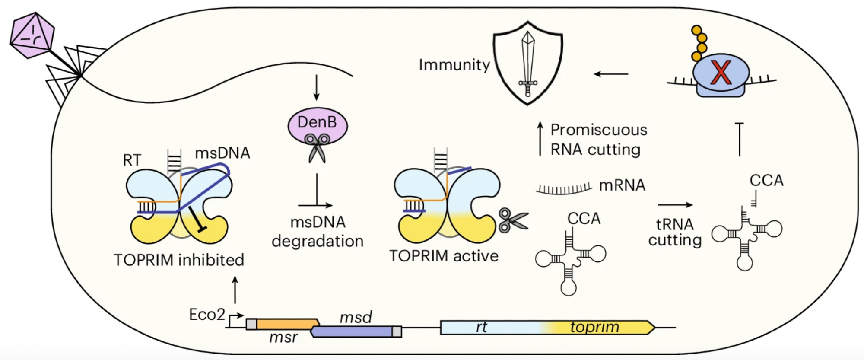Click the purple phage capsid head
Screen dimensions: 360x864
(x=32, y=35)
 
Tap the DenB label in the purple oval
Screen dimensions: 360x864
(x=317, y=122)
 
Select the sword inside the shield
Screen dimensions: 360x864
(x=528, y=63)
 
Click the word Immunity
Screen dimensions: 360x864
(x=454, y=65)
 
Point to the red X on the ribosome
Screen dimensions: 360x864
(x=721, y=72)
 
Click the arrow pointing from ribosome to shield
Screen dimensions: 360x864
(x=611, y=74)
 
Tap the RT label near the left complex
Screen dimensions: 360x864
(x=132, y=160)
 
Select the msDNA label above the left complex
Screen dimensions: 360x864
(x=222, y=153)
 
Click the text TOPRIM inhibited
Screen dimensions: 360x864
(x=179, y=260)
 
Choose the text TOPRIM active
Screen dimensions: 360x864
(x=444, y=256)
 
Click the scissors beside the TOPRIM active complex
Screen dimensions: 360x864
(x=513, y=221)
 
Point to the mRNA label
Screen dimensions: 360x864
(x=622, y=185)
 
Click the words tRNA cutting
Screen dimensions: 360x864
(x=675, y=233)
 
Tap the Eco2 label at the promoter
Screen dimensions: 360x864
(x=207, y=315)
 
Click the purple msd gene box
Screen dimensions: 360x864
(x=352, y=331)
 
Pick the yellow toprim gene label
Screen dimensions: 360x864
(x=594, y=327)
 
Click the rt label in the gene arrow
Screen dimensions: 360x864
(x=481, y=327)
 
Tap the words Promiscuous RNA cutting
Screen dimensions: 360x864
(x=598, y=140)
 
